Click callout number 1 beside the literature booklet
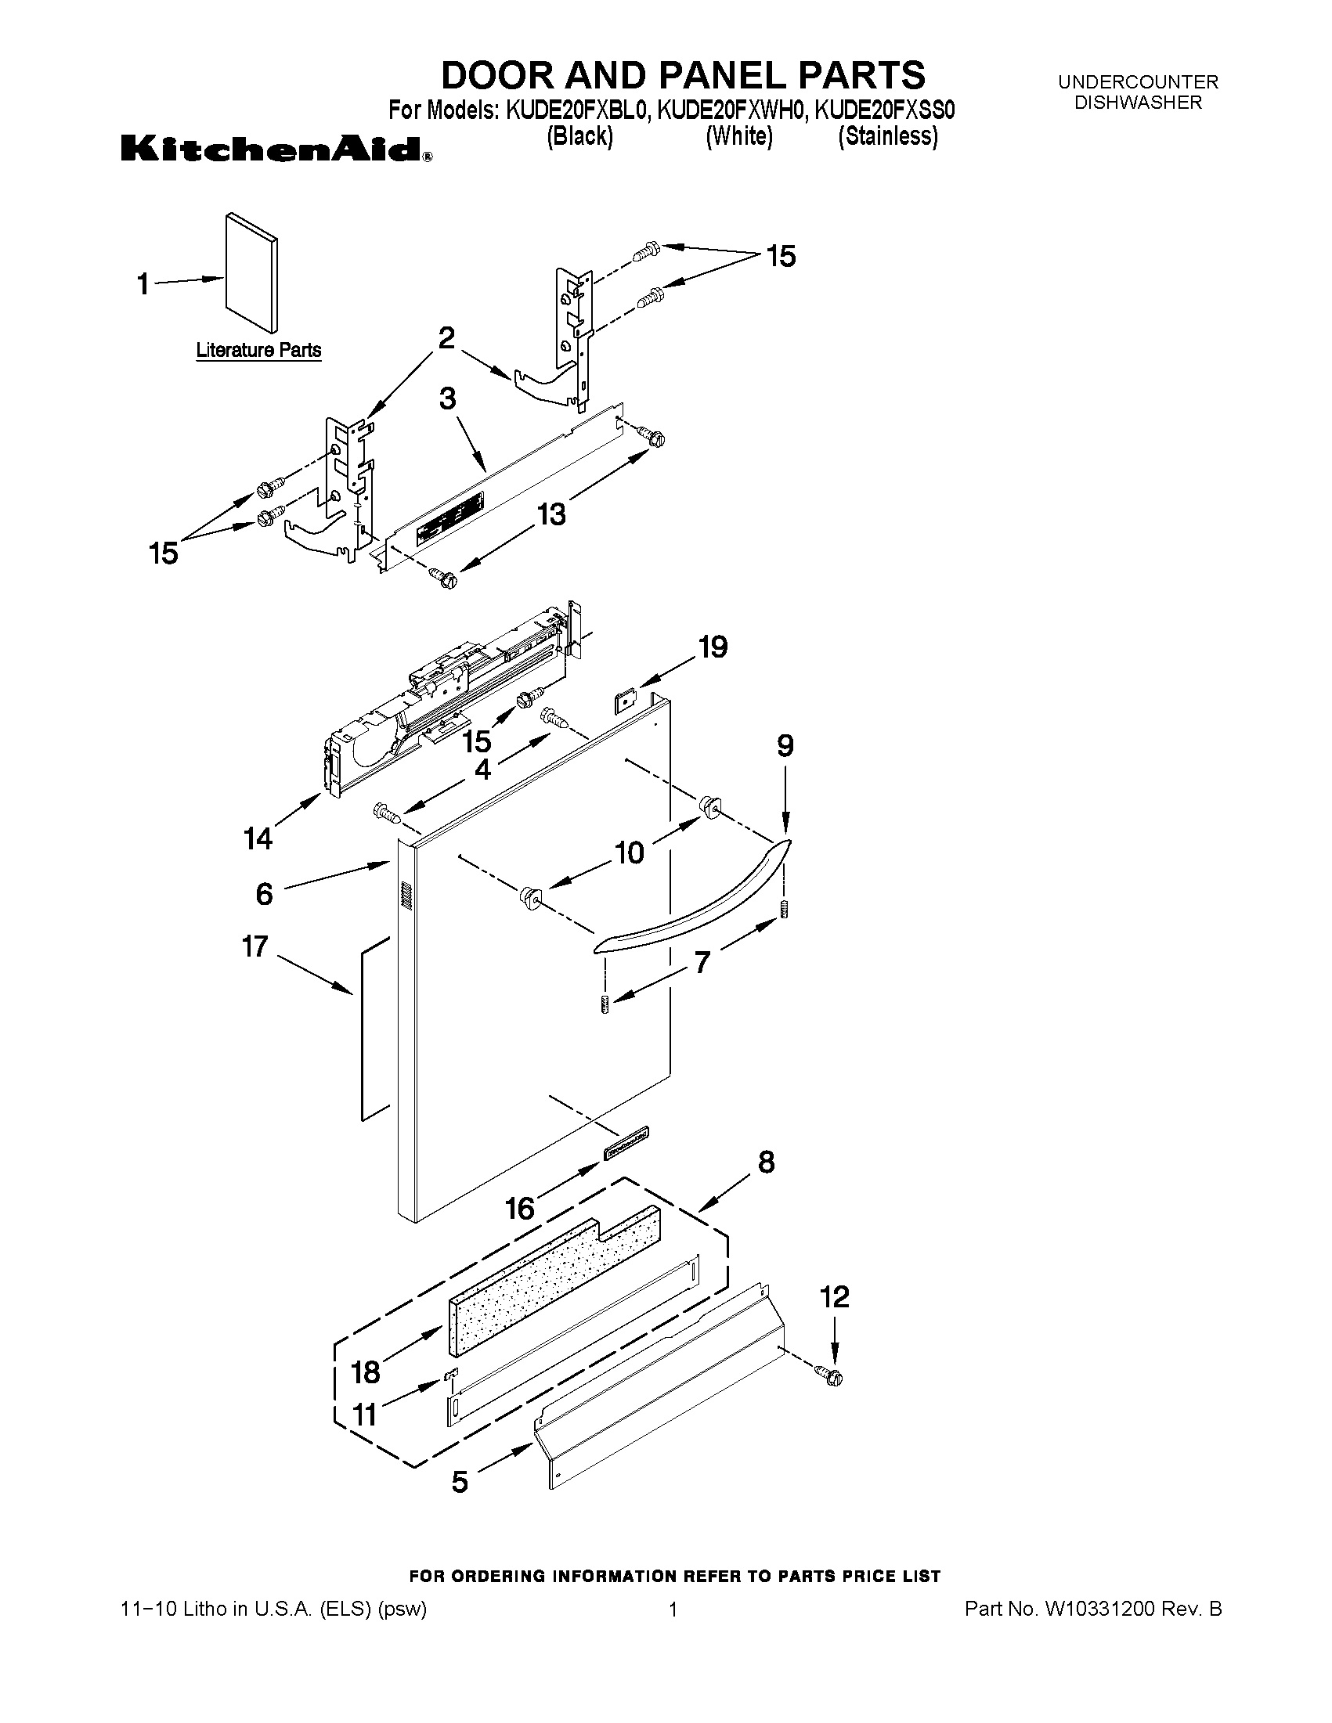coord(143,283)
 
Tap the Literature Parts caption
coord(258,349)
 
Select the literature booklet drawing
coord(251,272)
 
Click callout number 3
coord(447,398)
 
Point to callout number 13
coord(551,514)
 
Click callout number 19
coord(712,647)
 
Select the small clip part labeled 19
coord(626,699)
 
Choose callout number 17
coord(254,946)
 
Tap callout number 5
coord(460,1482)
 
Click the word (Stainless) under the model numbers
coord(888,136)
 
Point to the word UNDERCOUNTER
coord(1138,82)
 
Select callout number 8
coord(765,1162)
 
